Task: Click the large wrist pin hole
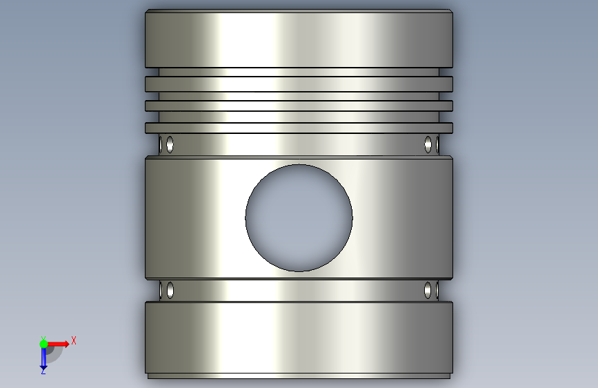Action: click(299, 218)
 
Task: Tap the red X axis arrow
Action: click(58, 344)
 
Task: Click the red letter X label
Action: click(74, 340)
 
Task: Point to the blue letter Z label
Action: click(43, 371)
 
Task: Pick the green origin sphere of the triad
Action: click(43, 344)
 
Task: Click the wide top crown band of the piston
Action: click(299, 39)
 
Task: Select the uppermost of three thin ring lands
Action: click(299, 84)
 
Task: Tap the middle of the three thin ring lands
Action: click(299, 106)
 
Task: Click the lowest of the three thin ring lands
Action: click(299, 128)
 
